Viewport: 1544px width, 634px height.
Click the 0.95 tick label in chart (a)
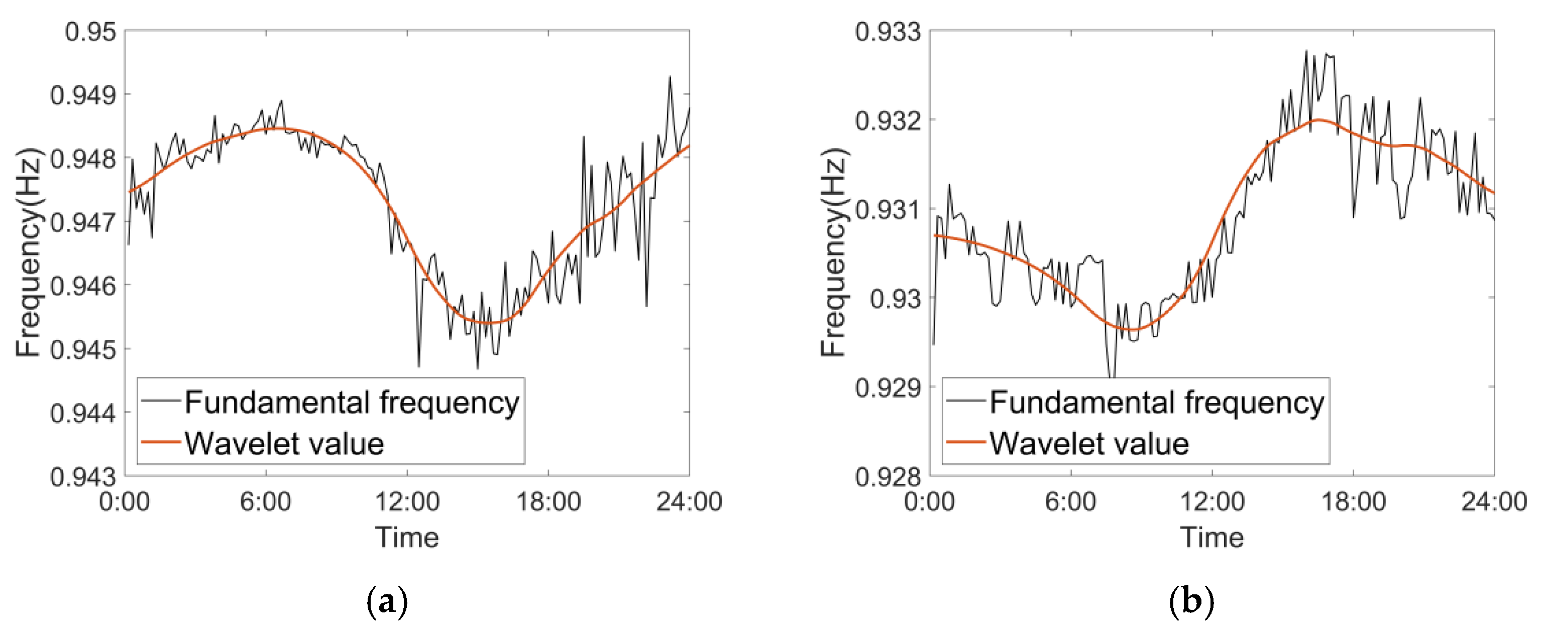pos(90,32)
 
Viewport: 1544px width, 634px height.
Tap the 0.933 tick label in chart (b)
pos(888,32)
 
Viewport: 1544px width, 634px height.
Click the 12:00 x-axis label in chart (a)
pos(407,501)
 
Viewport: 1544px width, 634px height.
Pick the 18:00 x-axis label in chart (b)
pos(1354,501)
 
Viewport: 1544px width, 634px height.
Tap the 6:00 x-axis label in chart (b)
pos(1070,501)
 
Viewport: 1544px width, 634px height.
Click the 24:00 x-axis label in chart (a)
pos(689,501)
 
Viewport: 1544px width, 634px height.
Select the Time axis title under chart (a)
pos(407,538)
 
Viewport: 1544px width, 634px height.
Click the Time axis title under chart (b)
pos(1212,538)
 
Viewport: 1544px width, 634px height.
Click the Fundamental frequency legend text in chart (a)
pos(352,402)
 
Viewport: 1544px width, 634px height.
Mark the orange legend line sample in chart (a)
pos(160,443)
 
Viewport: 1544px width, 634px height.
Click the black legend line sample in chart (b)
pos(965,400)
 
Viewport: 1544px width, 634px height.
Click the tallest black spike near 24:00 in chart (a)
pos(670,77)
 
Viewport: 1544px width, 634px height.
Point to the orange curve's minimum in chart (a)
pos(489,323)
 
